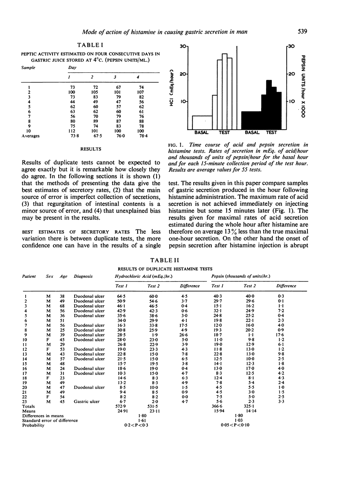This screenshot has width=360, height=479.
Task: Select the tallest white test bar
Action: pos(225,91)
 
